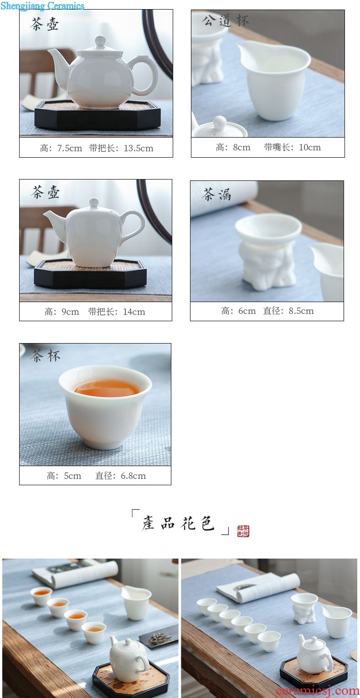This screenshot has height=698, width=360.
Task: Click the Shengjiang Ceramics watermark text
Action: point(42,5)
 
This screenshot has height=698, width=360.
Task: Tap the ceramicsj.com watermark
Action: point(317,691)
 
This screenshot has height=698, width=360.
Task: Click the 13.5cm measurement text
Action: point(139,149)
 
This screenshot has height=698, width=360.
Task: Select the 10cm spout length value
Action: point(309,147)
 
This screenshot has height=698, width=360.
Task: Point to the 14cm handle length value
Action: point(134,312)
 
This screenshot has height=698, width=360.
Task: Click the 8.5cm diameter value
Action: point(301,311)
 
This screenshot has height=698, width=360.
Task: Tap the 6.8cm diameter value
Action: point(133,476)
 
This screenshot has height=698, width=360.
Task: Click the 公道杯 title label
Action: point(225,21)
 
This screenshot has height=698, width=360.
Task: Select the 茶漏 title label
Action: point(216,194)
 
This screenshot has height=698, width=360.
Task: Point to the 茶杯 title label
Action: point(46,355)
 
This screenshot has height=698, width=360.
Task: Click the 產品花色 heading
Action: point(178,523)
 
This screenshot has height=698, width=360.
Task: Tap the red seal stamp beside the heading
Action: point(243,531)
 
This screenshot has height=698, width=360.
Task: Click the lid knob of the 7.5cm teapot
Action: point(100,41)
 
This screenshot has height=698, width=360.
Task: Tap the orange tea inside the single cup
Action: point(107,388)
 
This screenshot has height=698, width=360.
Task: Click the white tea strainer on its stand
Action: point(268,249)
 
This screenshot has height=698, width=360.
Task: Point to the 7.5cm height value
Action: point(70,149)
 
